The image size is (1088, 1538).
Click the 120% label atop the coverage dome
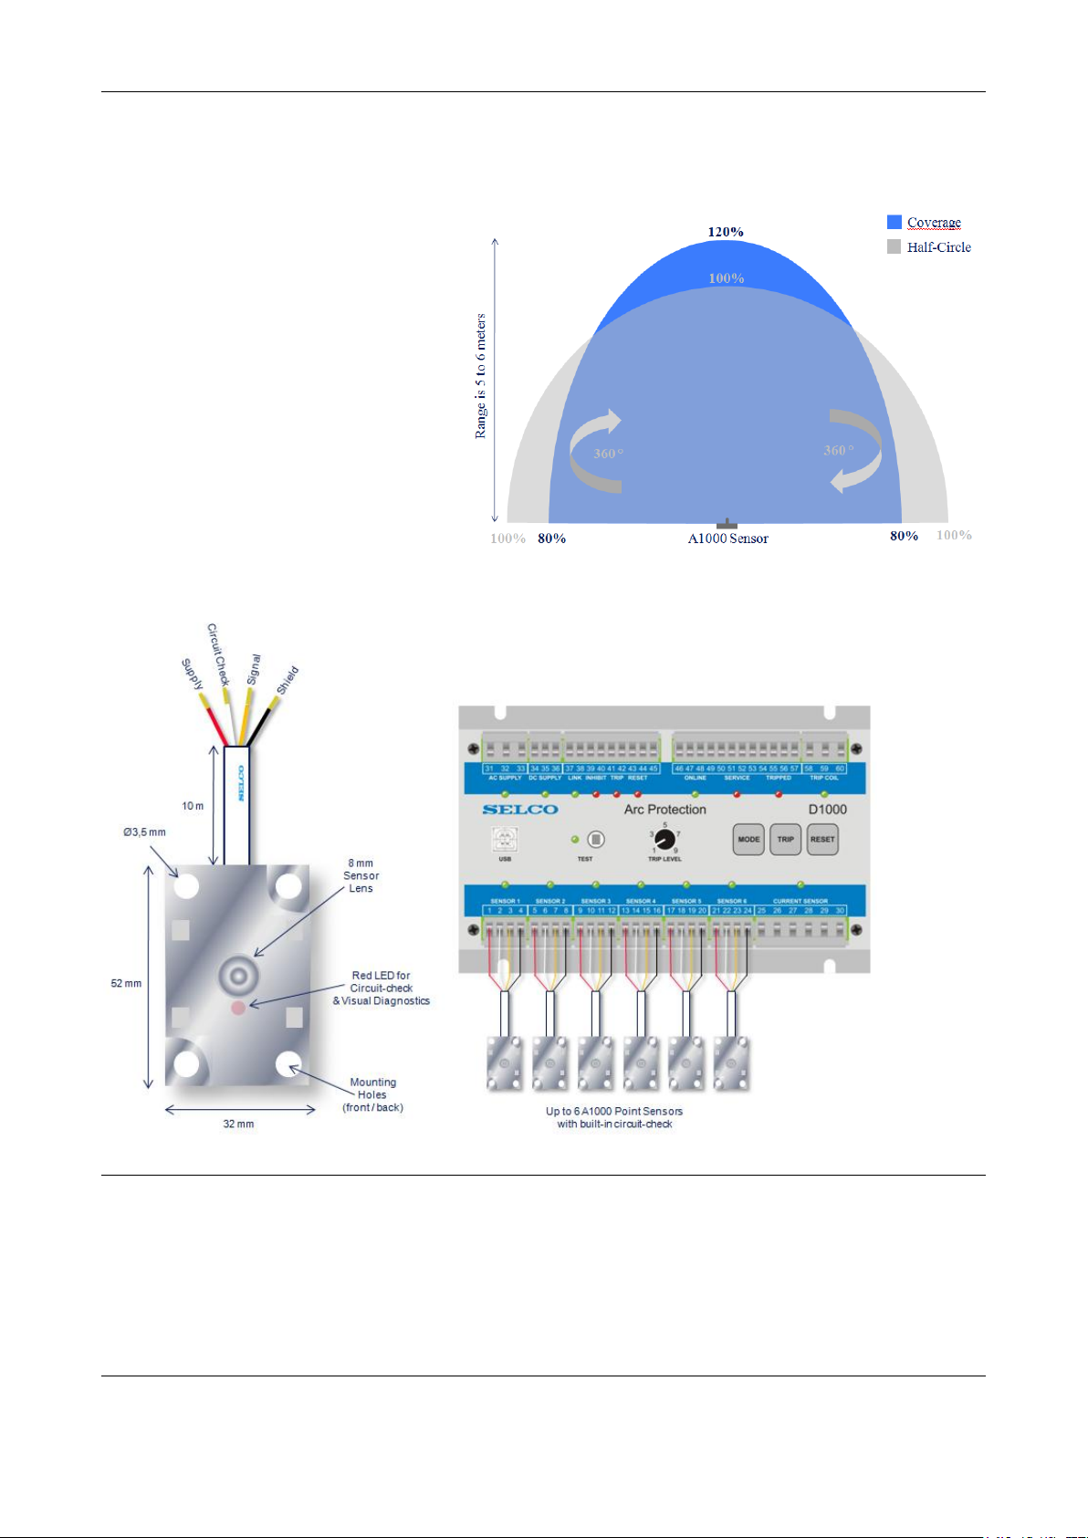point(726,232)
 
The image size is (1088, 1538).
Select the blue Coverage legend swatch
point(894,222)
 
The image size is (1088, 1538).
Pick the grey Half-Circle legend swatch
point(894,246)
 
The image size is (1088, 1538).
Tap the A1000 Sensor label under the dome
point(727,539)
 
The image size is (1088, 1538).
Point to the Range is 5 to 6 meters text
point(481,376)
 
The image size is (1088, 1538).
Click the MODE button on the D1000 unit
point(748,839)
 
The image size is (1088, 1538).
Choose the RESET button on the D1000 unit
point(822,839)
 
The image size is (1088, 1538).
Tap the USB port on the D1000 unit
point(505,839)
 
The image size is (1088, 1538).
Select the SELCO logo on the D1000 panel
point(520,810)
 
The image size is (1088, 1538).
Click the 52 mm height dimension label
point(127,983)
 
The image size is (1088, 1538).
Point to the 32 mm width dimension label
point(238,1124)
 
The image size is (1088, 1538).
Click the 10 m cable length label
point(193,806)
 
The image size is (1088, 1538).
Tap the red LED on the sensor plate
point(238,1007)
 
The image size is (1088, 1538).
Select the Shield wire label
point(288,681)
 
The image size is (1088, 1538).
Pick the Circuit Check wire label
point(218,654)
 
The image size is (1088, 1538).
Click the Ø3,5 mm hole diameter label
point(145,832)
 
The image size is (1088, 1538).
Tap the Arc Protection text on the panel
point(665,810)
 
